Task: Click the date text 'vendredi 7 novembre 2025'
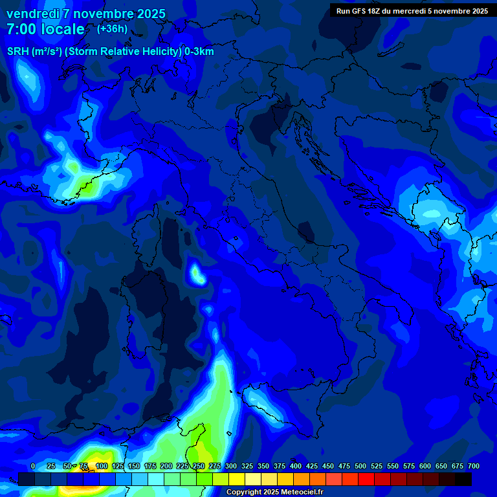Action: [x=86, y=14]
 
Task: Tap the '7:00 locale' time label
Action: [x=45, y=29]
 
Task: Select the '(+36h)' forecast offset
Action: [x=112, y=29]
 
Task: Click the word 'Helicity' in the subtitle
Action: [x=157, y=52]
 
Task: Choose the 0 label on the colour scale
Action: [x=33, y=466]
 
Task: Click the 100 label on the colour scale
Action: [x=101, y=466]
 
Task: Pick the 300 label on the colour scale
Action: [x=230, y=466]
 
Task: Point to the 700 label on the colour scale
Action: [x=473, y=466]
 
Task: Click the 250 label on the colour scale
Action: [x=198, y=466]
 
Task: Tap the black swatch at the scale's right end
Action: [x=463, y=479]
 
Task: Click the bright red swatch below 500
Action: [x=366, y=479]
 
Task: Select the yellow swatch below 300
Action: [x=236, y=479]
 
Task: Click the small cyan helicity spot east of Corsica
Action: [x=197, y=274]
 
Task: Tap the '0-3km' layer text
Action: [x=199, y=52]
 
